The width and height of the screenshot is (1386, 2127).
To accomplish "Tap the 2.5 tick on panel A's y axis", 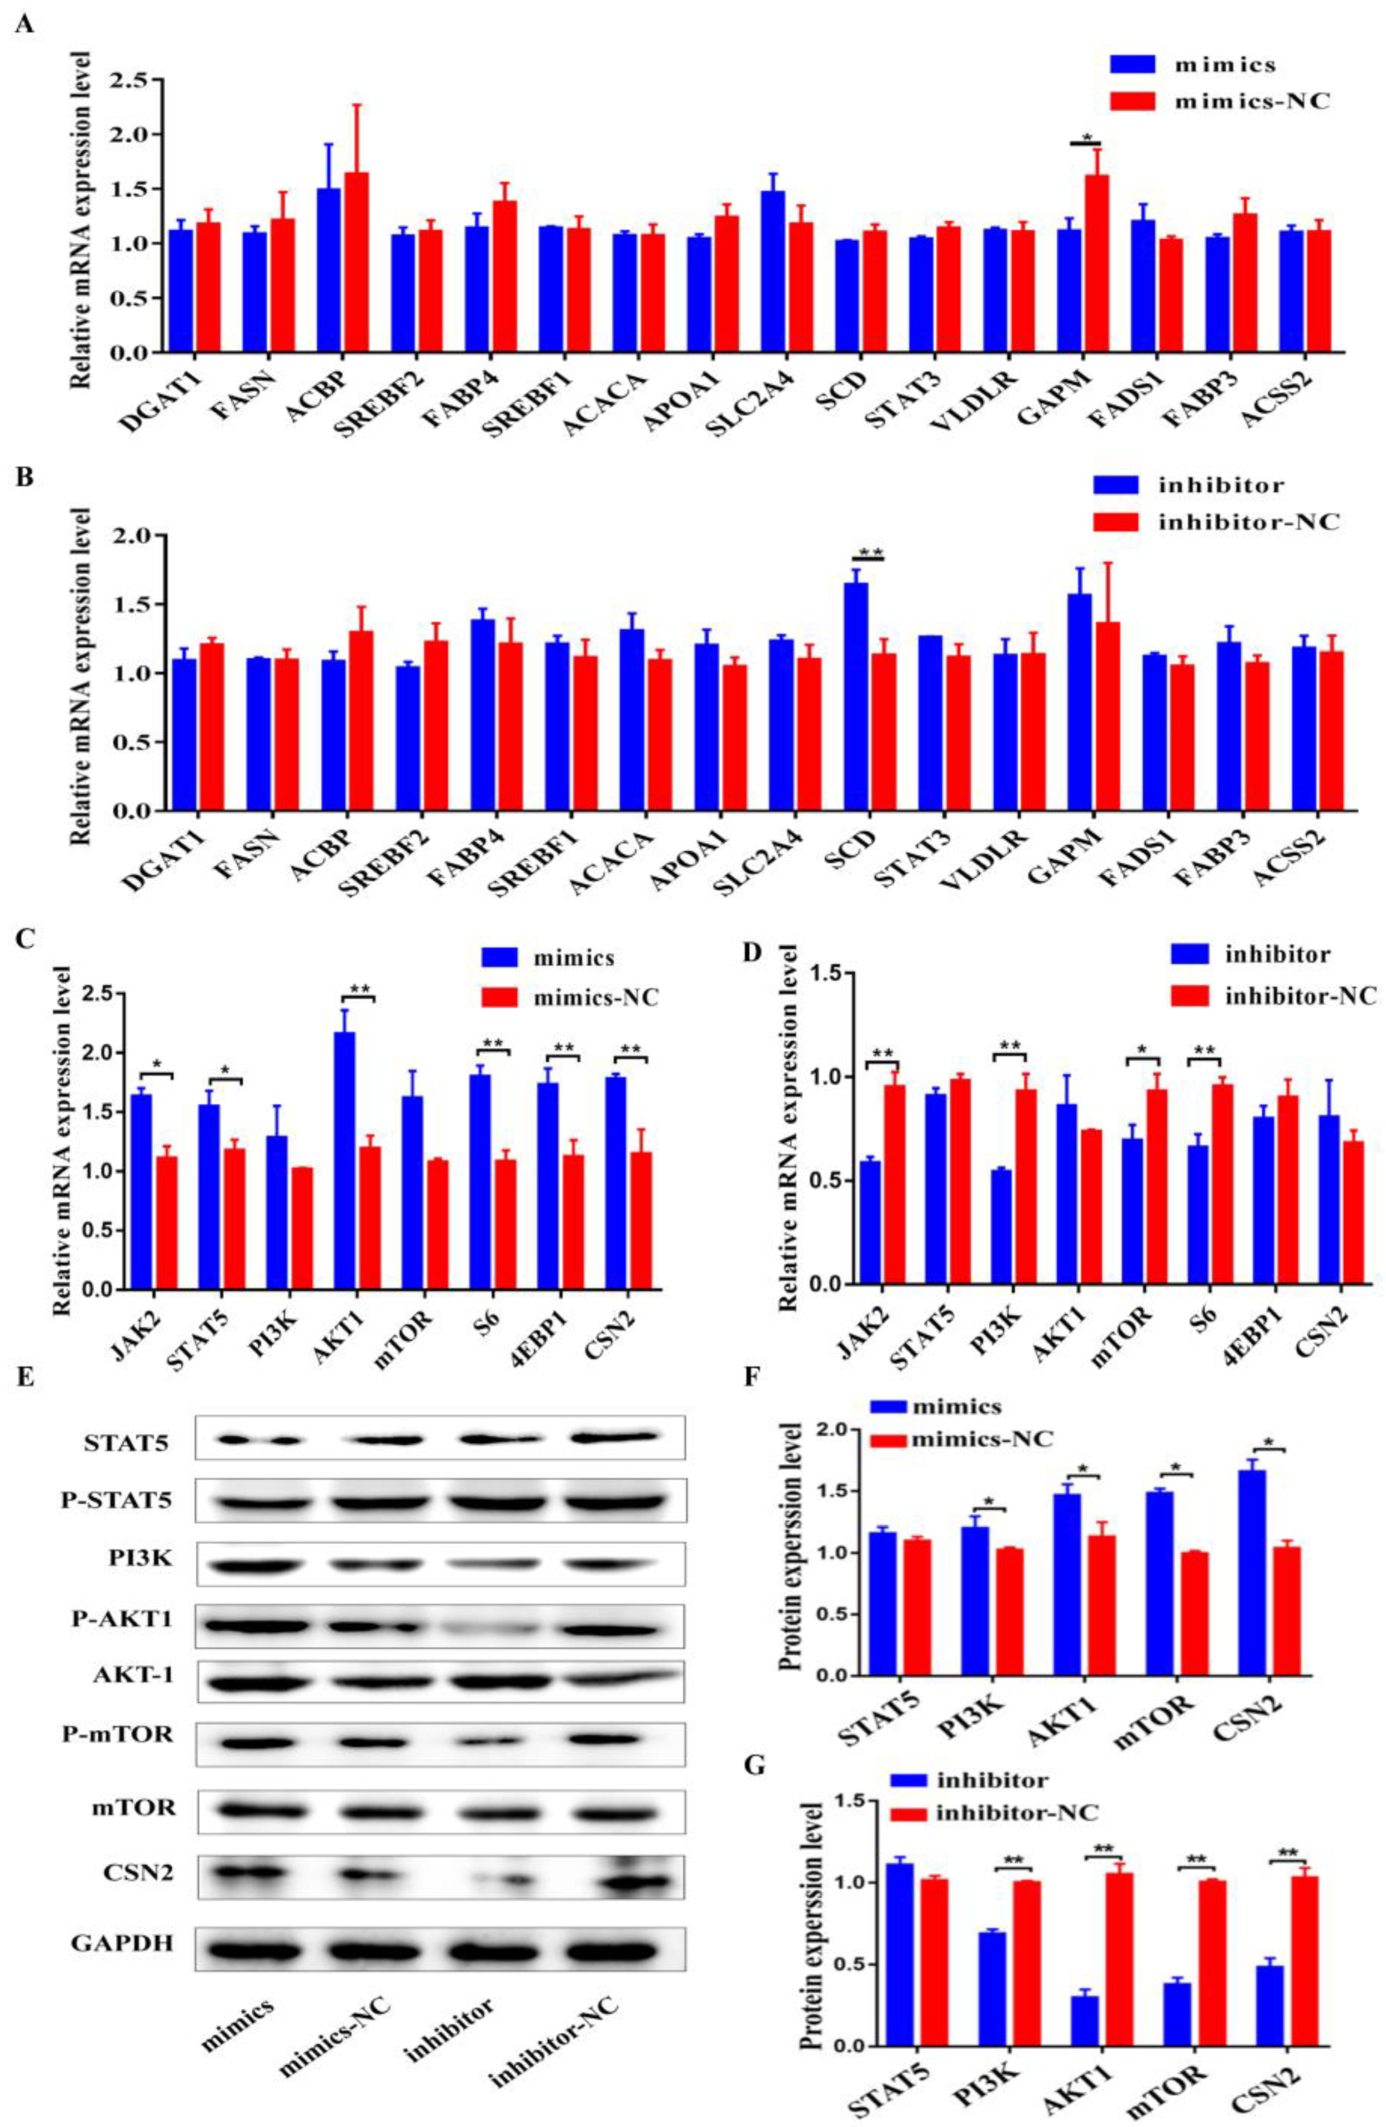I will [131, 80].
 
